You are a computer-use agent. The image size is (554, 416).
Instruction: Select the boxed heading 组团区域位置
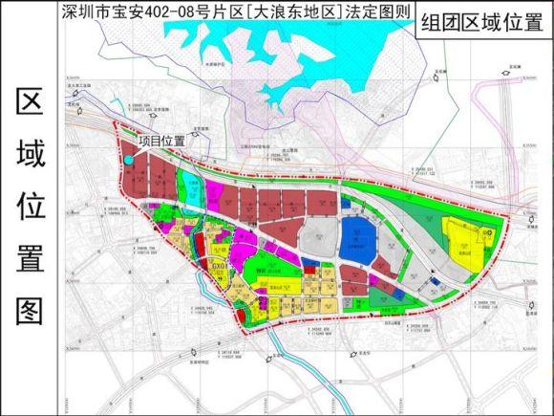point(479,24)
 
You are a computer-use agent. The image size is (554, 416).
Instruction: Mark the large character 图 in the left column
point(30,309)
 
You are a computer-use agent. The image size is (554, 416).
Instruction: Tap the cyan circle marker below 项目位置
point(129,160)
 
